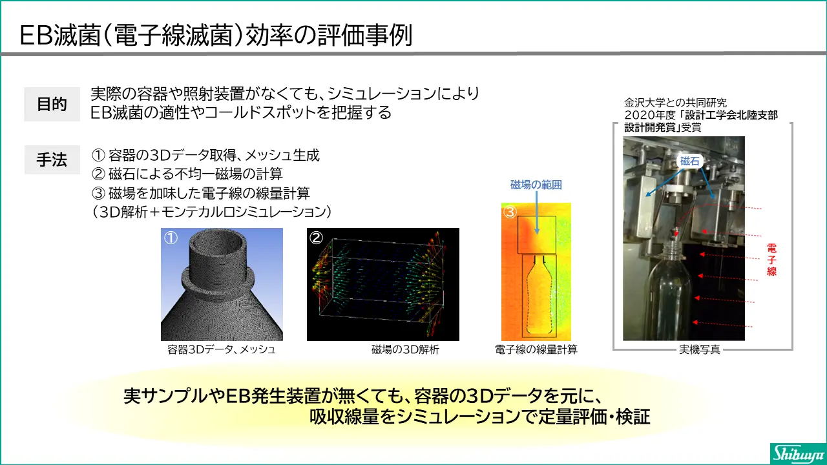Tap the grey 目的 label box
(52, 104)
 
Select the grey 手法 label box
(52, 160)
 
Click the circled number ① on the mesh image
(171, 238)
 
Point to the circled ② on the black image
(317, 238)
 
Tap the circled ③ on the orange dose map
(510, 212)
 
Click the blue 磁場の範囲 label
(536, 185)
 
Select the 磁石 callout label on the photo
(689, 161)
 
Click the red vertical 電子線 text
(771, 260)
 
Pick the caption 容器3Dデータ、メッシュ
(222, 349)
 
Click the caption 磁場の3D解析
(405, 349)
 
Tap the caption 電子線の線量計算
(536, 349)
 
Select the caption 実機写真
(700, 349)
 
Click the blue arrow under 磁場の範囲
(537, 212)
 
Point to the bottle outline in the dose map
(529, 295)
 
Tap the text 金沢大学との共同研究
(676, 103)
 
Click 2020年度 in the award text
(650, 115)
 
